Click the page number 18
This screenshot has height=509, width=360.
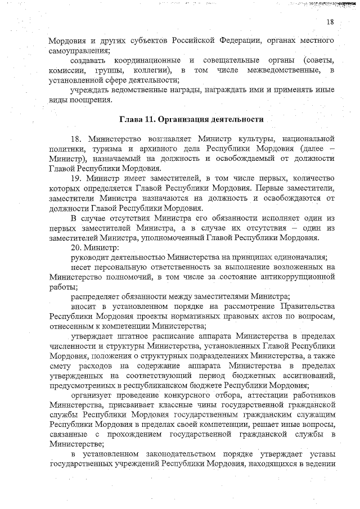[x=330, y=22]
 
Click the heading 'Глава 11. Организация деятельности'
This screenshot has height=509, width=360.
[x=191, y=119]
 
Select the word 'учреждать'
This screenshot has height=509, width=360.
[x=90, y=91]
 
